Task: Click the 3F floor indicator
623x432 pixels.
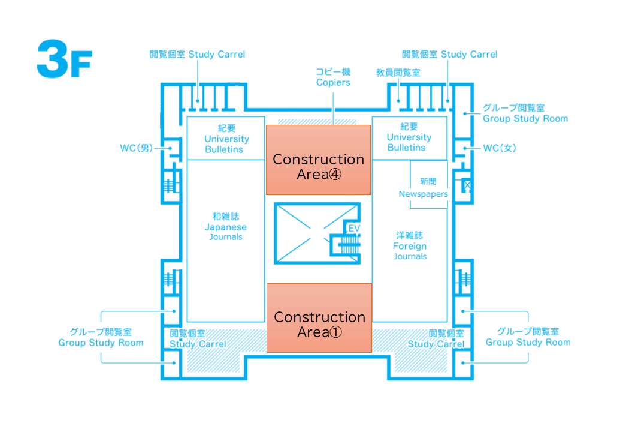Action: tap(63, 59)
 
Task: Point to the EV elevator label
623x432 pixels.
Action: tap(353, 229)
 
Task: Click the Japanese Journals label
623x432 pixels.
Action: tap(226, 227)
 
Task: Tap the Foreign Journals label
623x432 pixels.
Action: tap(410, 246)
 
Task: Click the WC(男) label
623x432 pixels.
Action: tap(137, 148)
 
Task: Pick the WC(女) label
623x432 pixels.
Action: tap(500, 148)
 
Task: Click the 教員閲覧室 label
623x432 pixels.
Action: tap(398, 73)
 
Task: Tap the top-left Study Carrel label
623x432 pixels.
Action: tap(197, 55)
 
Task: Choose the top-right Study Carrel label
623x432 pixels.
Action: tap(449, 55)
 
